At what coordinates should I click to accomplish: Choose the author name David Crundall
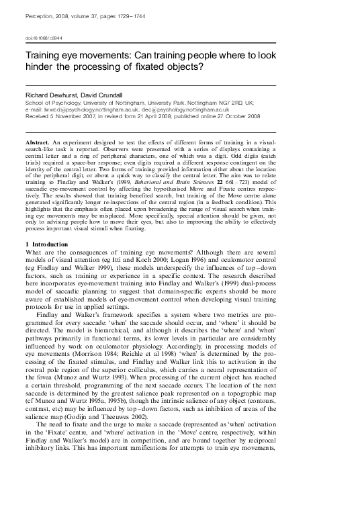pos(105,95)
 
